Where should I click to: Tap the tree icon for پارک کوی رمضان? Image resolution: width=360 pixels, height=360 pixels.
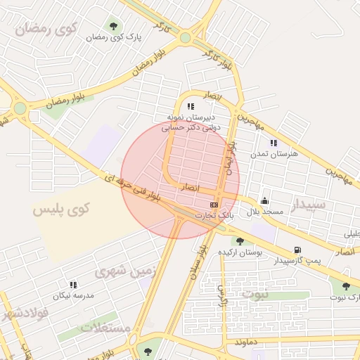[113, 27]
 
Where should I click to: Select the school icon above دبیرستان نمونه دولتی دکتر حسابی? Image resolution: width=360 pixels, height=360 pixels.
[191, 107]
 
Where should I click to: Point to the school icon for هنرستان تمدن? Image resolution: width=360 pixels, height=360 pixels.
[273, 143]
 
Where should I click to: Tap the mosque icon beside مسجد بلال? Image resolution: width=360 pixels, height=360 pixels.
[264, 200]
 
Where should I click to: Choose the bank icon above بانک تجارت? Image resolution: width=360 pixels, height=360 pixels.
[214, 203]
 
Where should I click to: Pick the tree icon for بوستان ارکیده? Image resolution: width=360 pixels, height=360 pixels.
[240, 241]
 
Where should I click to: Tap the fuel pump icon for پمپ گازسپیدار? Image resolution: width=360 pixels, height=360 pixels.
[298, 250]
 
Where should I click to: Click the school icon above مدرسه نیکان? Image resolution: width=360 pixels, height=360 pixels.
[73, 285]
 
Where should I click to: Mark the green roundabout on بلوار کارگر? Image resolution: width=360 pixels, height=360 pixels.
[185, 37]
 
